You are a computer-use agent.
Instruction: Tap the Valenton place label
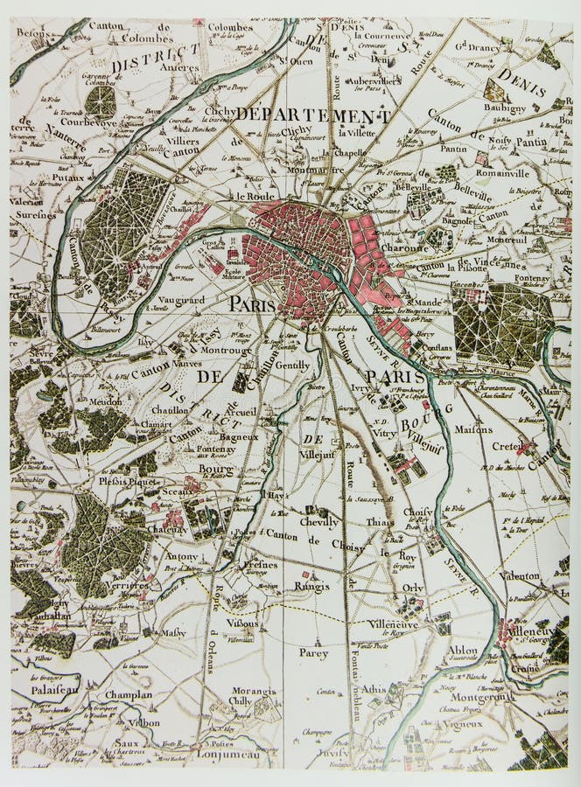click(521, 575)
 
